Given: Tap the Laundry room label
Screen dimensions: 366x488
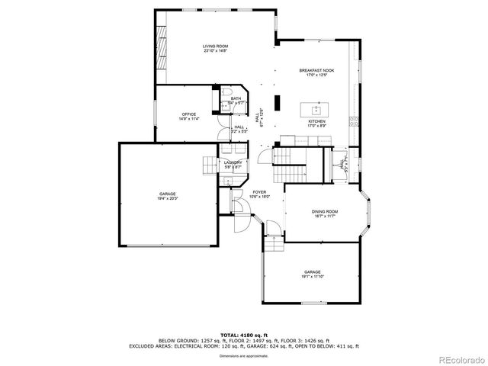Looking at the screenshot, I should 233,164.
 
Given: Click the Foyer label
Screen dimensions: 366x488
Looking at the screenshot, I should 260,194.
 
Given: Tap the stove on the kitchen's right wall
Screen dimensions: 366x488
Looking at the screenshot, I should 352,120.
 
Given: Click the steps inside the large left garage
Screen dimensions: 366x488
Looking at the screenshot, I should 209,165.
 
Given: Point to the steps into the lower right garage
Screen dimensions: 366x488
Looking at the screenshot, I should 274,246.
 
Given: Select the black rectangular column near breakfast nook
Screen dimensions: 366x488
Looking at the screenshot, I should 278,101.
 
